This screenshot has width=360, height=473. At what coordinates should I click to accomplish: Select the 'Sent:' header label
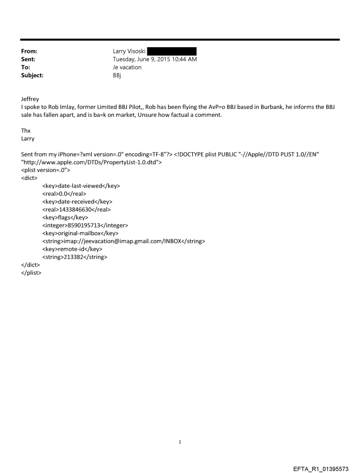[28, 59]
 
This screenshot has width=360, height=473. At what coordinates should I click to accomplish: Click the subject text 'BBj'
[117, 75]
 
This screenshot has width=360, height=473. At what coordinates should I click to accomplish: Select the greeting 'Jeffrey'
[30, 99]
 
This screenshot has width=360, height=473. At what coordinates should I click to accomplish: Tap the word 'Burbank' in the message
[266, 107]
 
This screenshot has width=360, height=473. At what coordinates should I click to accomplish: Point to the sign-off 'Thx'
[26, 130]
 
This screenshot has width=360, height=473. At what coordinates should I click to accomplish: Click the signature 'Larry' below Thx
[28, 138]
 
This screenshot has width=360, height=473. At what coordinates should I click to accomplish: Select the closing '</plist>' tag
[31, 273]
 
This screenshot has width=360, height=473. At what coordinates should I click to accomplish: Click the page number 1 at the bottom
[180, 442]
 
